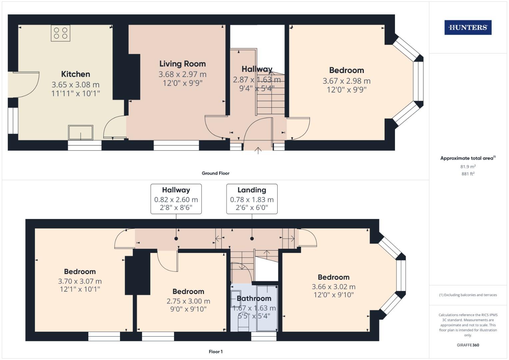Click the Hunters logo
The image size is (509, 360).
[x=468, y=28]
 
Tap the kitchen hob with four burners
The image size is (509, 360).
[x=61, y=33]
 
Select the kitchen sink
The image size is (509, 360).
[x=81, y=133]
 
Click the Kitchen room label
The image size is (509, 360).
[x=75, y=74]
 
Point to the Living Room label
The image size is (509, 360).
[x=182, y=64]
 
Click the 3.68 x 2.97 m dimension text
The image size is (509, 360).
[x=182, y=74]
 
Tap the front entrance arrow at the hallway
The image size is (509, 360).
[x=258, y=150]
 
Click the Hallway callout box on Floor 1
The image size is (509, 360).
[x=176, y=199]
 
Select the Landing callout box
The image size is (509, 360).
[x=252, y=199]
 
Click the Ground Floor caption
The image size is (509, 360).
[x=215, y=173]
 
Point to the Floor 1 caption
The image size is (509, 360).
[x=215, y=352]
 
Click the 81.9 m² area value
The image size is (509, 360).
[x=468, y=167]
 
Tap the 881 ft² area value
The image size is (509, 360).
[x=468, y=174]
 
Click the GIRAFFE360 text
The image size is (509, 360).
[x=468, y=345]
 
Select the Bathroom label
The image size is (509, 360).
[x=254, y=298]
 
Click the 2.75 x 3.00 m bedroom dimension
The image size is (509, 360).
[x=188, y=301]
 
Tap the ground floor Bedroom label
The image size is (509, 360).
[x=346, y=70]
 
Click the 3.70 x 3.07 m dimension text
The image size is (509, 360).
[x=80, y=281]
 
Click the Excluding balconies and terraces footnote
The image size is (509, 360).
[x=468, y=295]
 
